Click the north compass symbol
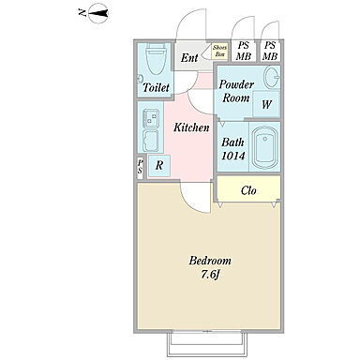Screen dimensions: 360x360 pyautogui.click(x=98, y=13)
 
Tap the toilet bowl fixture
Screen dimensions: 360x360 pyautogui.click(x=156, y=58)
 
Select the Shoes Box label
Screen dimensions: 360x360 pyautogui.click(x=219, y=51)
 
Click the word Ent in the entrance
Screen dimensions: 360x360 pyautogui.click(x=189, y=57)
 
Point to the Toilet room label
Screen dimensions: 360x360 pyautogui.click(x=156, y=87)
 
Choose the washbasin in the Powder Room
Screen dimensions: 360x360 pyautogui.click(x=272, y=77)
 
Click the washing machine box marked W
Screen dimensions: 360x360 pyautogui.click(x=266, y=104)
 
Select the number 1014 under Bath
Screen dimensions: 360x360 pyautogui.click(x=233, y=156)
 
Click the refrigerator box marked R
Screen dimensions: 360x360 pyautogui.click(x=159, y=165)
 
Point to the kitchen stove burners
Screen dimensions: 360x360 pyautogui.click(x=151, y=118)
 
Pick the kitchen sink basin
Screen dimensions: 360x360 pyautogui.click(x=151, y=140)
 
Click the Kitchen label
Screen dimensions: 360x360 pyautogui.click(x=191, y=127)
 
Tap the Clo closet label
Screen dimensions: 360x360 pyautogui.click(x=248, y=190)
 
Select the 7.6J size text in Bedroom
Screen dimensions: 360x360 pyautogui.click(x=210, y=275)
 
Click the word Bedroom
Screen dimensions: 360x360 pyautogui.click(x=210, y=261)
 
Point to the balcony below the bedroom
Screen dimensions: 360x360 pyautogui.click(x=208, y=344)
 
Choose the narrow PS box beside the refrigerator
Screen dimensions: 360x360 pyautogui.click(x=141, y=167)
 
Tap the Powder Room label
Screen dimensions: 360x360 pyautogui.click(x=236, y=91)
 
